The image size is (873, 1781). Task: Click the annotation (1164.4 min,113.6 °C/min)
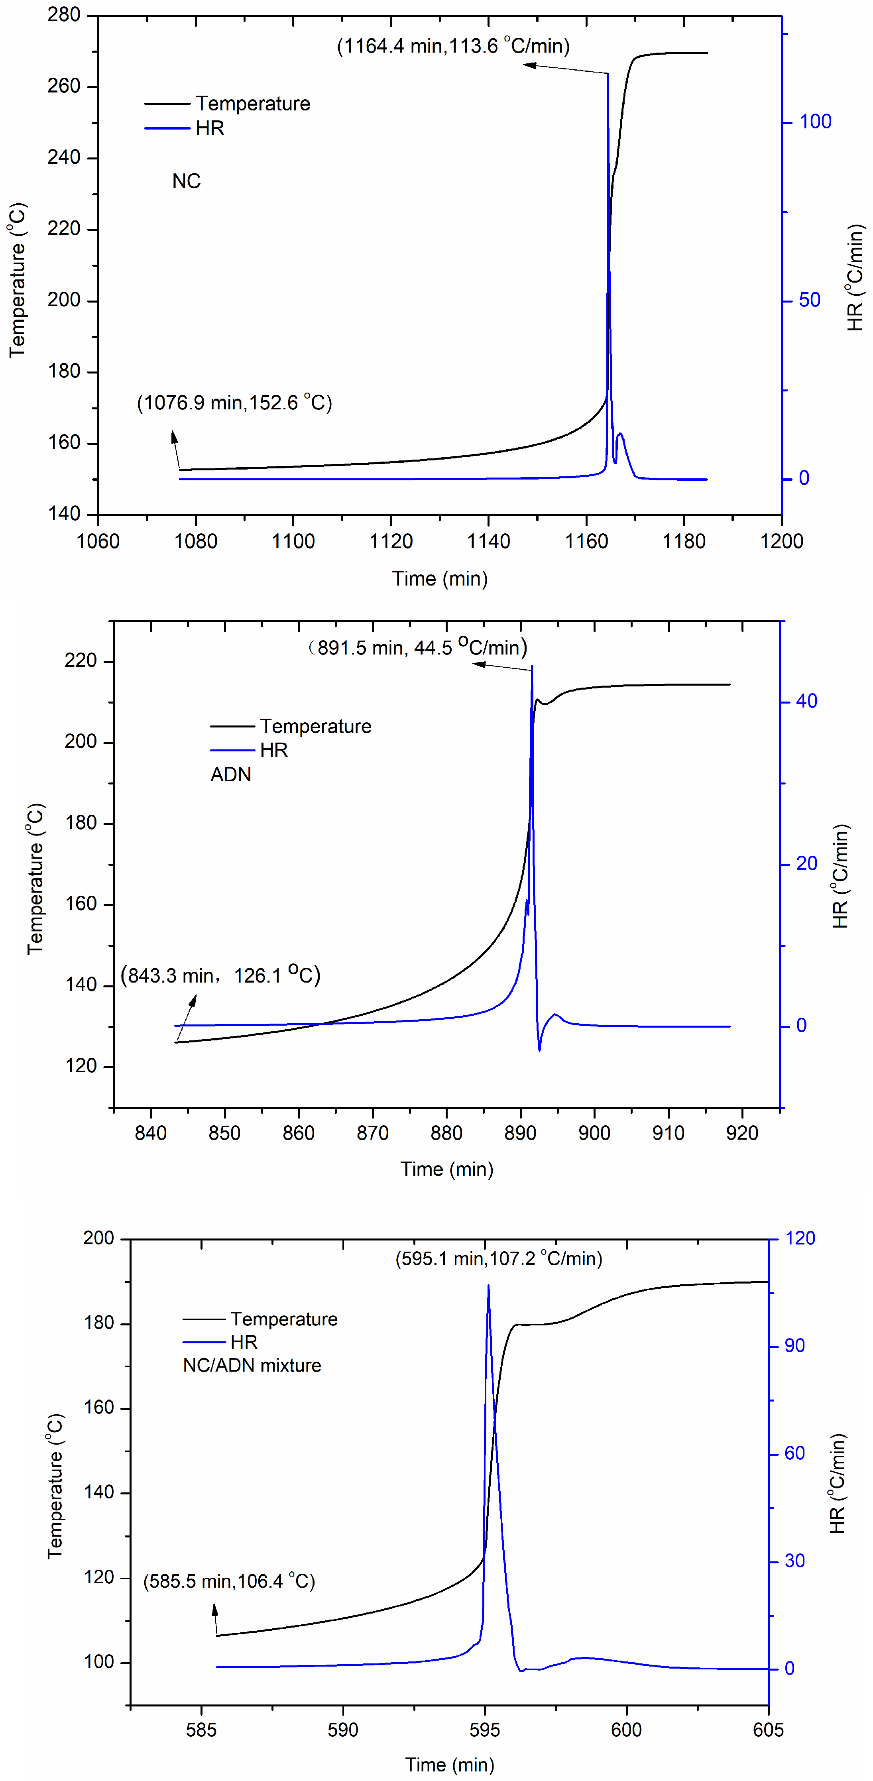(x=453, y=46)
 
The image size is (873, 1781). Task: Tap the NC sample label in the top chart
(x=186, y=181)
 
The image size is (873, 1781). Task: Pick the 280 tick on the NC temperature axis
(x=64, y=14)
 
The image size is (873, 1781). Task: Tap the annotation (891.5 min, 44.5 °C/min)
(x=417, y=648)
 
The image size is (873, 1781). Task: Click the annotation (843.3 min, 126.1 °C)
(x=220, y=975)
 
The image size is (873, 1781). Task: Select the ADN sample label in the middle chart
(x=230, y=775)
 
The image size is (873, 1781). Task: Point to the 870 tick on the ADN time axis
(x=372, y=1132)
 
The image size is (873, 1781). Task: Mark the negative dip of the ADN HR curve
(x=539, y=1050)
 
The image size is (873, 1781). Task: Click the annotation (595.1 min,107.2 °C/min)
(x=498, y=1258)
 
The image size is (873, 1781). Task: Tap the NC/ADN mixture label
(x=252, y=1366)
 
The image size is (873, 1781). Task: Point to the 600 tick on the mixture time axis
(x=626, y=1730)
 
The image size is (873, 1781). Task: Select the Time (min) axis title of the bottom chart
(x=449, y=1765)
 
